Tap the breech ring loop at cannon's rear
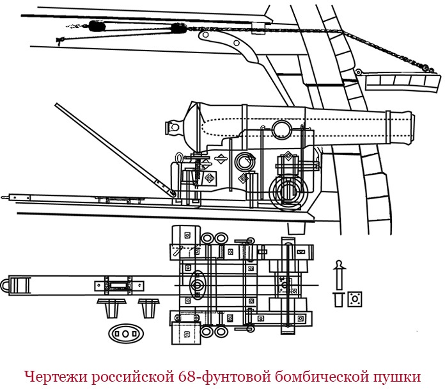coord(171,126)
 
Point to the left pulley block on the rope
coord(97,26)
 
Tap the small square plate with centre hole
coord(354,298)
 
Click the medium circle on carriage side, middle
coord(243,160)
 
